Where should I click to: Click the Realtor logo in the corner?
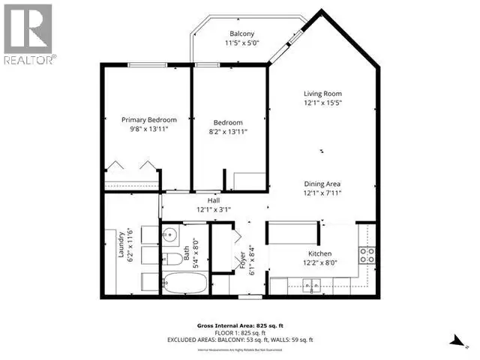(28, 34)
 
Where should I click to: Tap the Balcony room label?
(241, 34)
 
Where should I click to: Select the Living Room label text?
(322, 93)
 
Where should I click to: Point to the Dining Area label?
(323, 184)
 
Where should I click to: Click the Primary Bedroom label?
(149, 120)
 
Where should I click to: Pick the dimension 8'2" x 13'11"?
(227, 131)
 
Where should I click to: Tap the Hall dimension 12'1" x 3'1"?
(213, 210)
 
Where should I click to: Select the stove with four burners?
(367, 255)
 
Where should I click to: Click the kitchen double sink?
(312, 286)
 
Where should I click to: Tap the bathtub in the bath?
(184, 285)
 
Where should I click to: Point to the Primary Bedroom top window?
(147, 65)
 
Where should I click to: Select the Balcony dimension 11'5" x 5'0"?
(241, 43)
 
